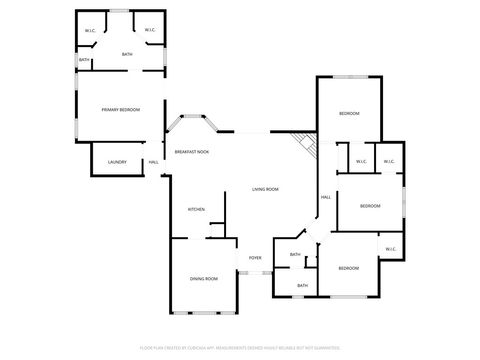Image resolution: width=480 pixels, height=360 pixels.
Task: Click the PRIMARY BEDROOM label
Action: [x=120, y=109]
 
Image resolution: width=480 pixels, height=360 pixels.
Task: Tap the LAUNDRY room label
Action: [x=117, y=161]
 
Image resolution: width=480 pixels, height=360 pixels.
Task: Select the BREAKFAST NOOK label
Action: [x=191, y=151]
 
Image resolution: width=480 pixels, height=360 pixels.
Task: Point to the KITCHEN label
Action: [x=196, y=209]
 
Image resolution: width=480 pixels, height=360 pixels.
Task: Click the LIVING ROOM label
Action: [x=265, y=189]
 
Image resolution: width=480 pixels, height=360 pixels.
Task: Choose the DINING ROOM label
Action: [x=204, y=278]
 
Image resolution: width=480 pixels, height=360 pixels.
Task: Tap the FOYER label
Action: [x=255, y=257]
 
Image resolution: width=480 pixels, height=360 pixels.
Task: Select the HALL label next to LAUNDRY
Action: [x=154, y=162]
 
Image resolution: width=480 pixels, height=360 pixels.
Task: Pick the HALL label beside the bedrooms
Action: [x=326, y=197]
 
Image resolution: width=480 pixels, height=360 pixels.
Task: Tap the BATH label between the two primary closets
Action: [x=127, y=54]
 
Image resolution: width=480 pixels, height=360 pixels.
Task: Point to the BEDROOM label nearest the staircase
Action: [x=349, y=114]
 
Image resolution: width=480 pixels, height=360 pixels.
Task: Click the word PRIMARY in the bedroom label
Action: [x=110, y=109]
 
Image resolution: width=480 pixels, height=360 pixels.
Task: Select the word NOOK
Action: [x=203, y=151]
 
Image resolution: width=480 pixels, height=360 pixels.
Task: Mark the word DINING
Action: [x=197, y=278]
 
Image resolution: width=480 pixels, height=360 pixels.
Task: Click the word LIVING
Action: [x=258, y=189]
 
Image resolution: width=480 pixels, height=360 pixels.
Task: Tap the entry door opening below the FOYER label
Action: [x=255, y=271]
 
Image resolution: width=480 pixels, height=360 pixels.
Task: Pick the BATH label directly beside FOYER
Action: [x=295, y=255]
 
